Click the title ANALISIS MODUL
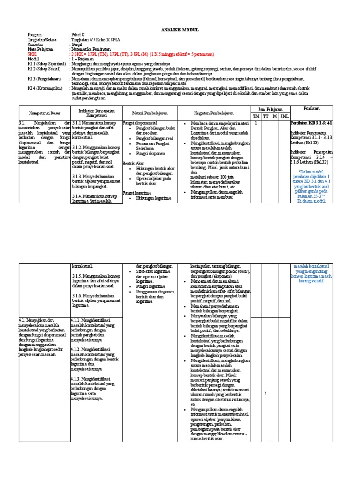tap(180, 30)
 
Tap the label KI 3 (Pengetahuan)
tap(44, 79)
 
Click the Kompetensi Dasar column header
tap(44, 113)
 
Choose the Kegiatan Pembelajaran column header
tap(217, 113)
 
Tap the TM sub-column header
tap(256, 116)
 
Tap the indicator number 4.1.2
tap(78, 349)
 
